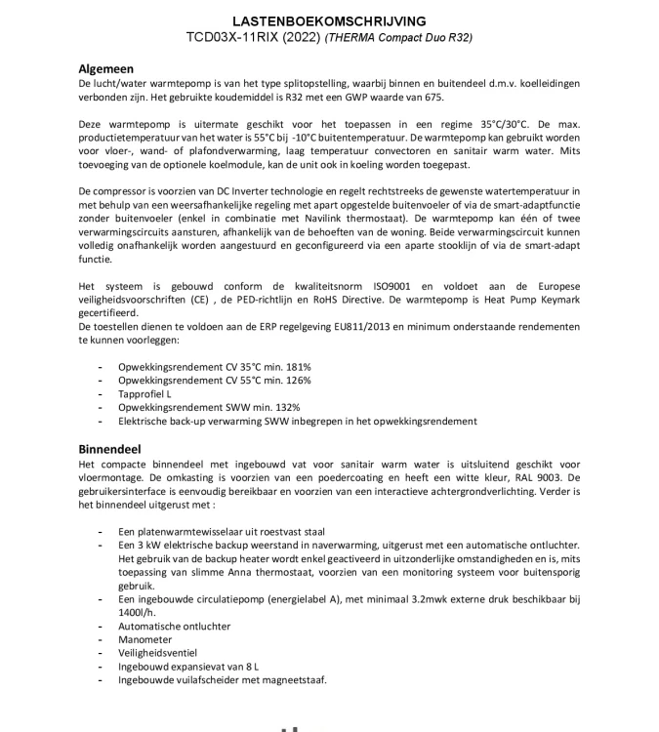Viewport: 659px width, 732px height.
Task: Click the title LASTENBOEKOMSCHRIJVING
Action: tap(329, 21)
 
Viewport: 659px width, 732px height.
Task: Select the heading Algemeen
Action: tap(105, 69)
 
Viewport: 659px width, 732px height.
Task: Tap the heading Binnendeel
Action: tap(110, 449)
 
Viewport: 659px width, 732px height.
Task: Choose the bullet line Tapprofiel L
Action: tap(144, 393)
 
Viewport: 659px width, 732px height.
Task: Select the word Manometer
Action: tap(145, 639)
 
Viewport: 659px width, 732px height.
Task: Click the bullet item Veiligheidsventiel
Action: tap(157, 653)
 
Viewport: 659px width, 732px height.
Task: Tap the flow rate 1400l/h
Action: tap(138, 612)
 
